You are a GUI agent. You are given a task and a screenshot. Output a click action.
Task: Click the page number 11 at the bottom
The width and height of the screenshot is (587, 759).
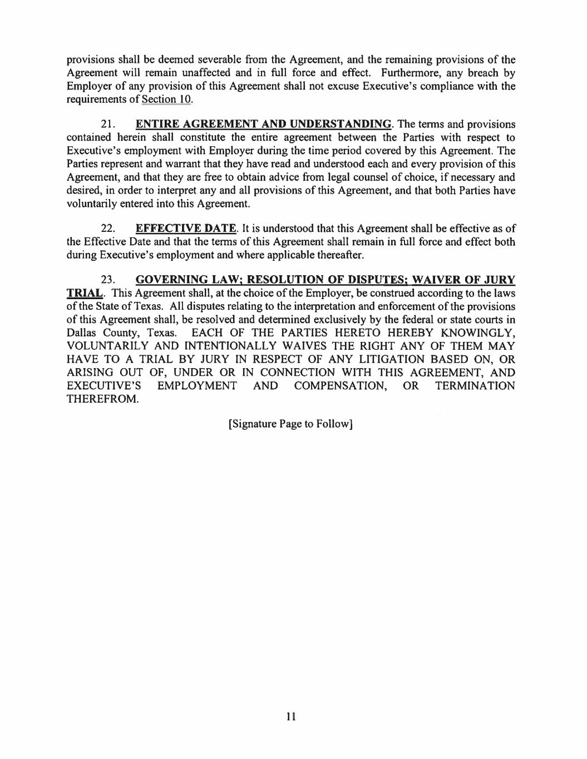(x=290, y=716)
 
